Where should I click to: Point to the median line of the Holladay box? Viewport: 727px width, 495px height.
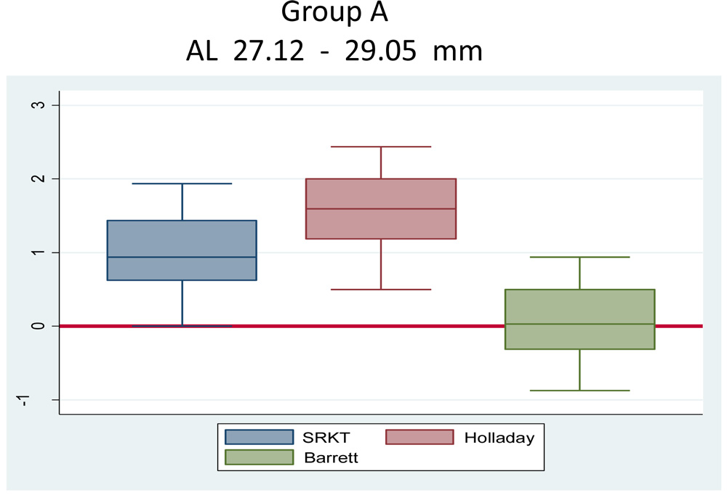click(381, 209)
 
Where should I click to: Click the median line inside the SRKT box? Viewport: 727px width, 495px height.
click(182, 257)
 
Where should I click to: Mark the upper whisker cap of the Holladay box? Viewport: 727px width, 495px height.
click(381, 147)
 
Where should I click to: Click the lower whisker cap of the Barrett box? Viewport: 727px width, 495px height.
click(579, 390)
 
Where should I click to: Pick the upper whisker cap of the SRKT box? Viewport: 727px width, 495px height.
click(182, 184)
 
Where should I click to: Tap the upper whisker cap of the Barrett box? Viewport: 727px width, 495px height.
click(579, 257)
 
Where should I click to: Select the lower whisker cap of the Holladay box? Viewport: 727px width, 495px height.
click(381, 290)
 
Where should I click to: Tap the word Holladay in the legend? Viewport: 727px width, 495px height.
click(499, 438)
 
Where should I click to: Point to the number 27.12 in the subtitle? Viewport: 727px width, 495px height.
click(269, 52)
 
